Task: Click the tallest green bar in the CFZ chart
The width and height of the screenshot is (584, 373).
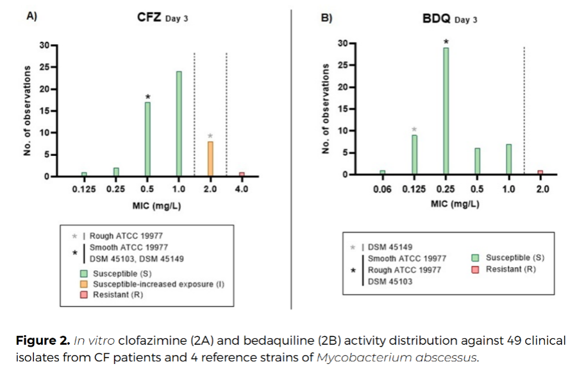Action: tap(179, 123)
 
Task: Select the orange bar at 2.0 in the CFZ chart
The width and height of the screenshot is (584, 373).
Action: tap(210, 159)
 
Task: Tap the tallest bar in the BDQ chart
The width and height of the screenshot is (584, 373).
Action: tap(446, 110)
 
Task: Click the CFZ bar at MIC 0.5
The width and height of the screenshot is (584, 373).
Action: tap(147, 139)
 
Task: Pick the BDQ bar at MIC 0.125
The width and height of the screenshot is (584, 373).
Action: tap(414, 154)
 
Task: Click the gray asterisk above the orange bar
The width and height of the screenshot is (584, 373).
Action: tap(210, 136)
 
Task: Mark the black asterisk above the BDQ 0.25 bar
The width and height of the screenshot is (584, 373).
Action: tap(446, 42)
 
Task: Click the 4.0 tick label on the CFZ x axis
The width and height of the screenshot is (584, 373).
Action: tap(241, 189)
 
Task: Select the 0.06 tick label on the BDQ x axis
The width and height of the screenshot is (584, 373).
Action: tap(383, 190)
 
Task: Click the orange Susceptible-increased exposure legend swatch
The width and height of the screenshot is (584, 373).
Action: tap(84, 284)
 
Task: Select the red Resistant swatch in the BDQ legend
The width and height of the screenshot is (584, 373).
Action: tap(476, 269)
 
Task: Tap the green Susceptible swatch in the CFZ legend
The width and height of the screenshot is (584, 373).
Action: tap(84, 273)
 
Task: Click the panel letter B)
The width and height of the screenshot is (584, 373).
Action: tap(326, 17)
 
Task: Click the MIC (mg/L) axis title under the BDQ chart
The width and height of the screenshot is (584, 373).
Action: tap(455, 204)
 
